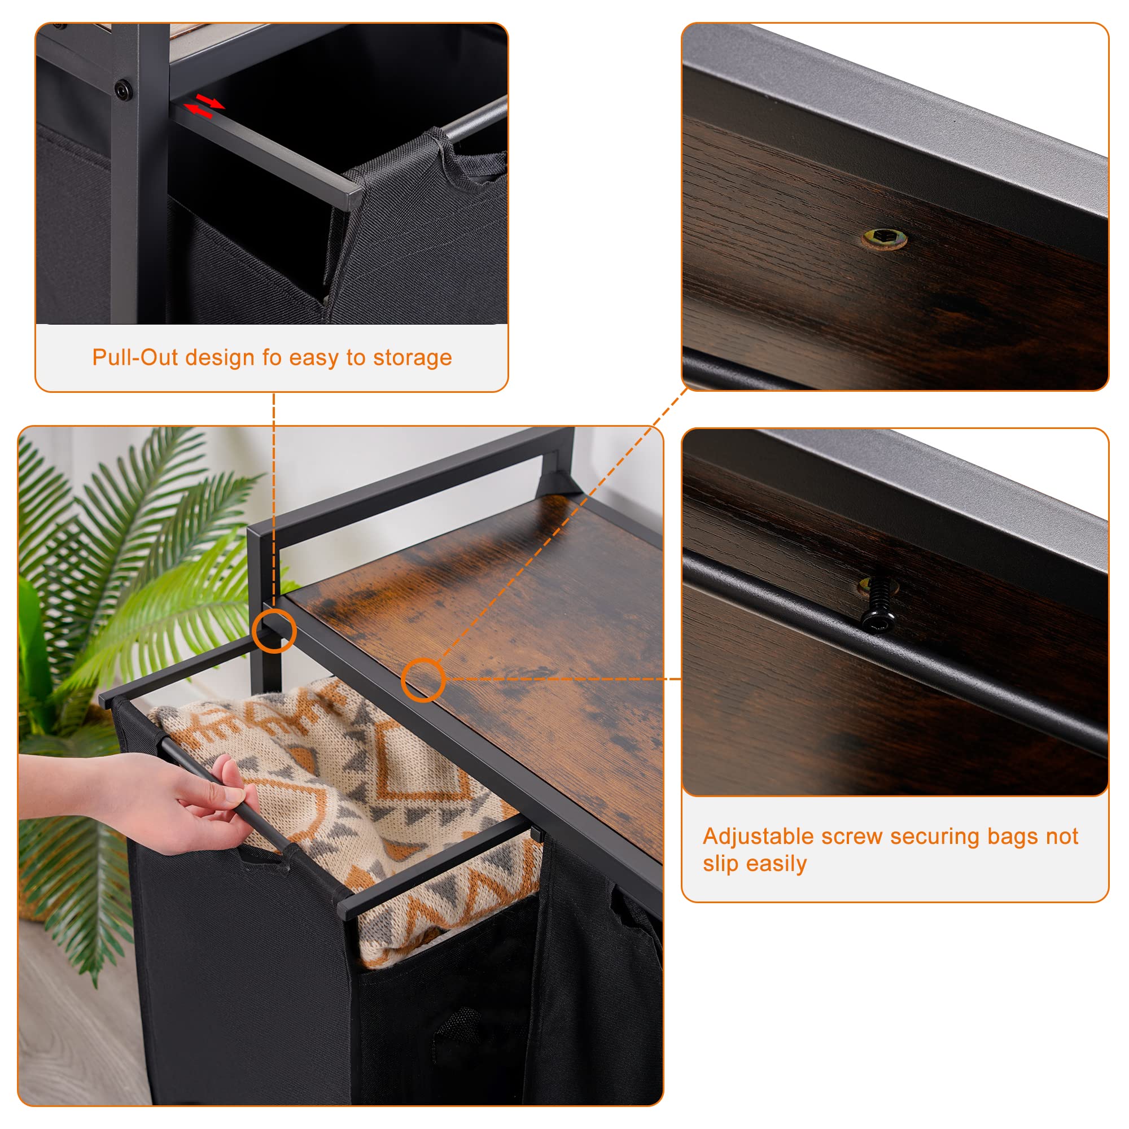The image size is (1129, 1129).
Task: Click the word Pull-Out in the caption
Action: click(x=135, y=357)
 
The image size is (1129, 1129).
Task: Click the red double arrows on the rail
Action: click(x=204, y=106)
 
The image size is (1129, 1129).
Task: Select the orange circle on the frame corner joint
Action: click(x=274, y=631)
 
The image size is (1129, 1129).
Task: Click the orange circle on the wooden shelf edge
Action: click(x=423, y=680)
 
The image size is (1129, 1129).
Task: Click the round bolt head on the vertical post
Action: click(x=122, y=90)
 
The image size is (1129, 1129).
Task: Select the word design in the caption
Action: click(x=219, y=358)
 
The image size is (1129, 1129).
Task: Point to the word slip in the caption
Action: click(x=720, y=864)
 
